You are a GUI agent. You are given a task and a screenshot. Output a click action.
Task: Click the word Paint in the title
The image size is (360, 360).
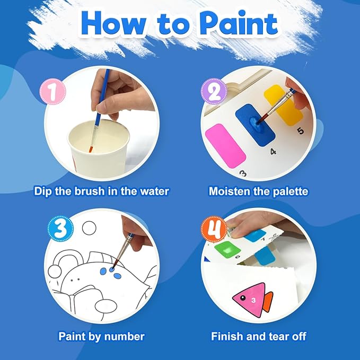(x=232, y=24)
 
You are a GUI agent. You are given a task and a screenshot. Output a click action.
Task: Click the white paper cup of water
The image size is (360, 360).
(x=98, y=141)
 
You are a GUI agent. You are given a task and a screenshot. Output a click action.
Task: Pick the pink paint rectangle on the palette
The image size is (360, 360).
(x=225, y=144)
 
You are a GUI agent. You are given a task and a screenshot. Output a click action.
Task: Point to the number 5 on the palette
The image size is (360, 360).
(x=300, y=131)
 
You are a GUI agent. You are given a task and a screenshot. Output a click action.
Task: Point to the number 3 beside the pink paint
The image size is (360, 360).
(x=243, y=172)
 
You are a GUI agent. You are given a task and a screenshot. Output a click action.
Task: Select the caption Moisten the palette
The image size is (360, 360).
(x=258, y=190)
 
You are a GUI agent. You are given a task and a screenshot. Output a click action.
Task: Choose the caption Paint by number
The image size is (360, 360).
(x=101, y=336)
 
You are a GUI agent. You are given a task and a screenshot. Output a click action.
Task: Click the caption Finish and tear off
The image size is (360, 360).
(x=258, y=336)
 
